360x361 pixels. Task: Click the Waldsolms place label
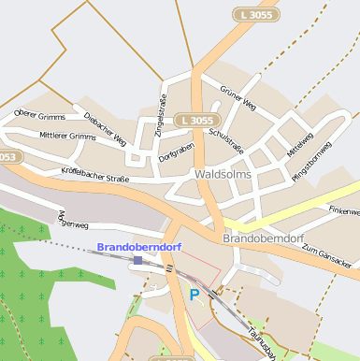pos(225,174)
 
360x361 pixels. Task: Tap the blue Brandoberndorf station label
pos(139,247)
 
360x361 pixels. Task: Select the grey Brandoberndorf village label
pos(265,238)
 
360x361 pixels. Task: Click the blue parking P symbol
pos(194,295)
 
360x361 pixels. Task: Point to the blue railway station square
pos(137,260)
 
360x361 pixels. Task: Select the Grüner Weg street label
pos(238,99)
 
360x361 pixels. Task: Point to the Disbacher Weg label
pos(105,129)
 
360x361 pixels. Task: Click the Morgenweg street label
pos(72,221)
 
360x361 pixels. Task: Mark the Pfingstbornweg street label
pos(312,160)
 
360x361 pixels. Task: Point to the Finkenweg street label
pos(342,212)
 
